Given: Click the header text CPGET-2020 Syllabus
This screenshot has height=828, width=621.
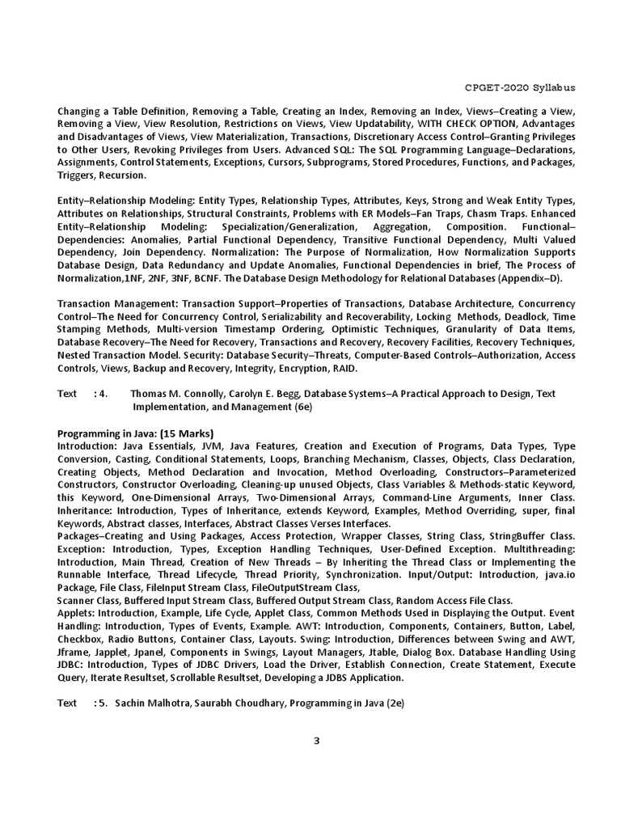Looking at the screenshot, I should pyautogui.click(x=525, y=87).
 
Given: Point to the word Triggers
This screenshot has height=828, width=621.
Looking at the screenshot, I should pyautogui.click(x=76, y=175).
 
